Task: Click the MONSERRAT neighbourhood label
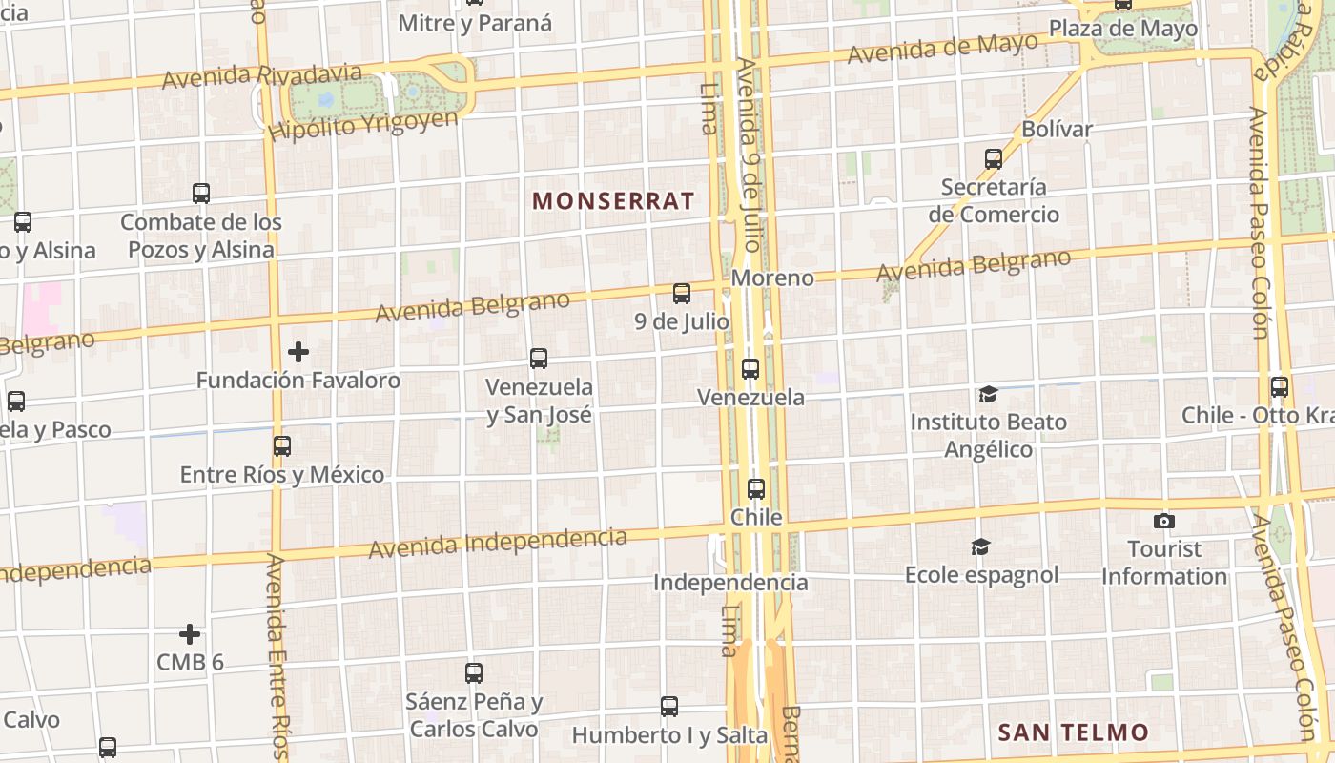coord(613,201)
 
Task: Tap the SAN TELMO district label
coord(1073,732)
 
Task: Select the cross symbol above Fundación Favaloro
coord(298,352)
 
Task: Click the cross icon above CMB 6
coord(190,633)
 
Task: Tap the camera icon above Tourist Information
coord(1163,521)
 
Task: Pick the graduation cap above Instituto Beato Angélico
coord(988,394)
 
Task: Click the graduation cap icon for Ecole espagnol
coord(980,546)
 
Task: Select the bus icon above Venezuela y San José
coord(539,359)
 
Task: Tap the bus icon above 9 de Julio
coord(682,294)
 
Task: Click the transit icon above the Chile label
coord(756,489)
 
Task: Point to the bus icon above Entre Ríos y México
coord(281,445)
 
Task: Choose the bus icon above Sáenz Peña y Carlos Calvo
coord(474,672)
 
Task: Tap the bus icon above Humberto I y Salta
coord(669,707)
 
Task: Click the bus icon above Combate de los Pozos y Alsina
coord(201,193)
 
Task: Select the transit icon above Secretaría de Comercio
coord(994,158)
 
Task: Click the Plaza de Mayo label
coord(1123,29)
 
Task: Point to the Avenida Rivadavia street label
coord(262,76)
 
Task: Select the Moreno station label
coord(773,278)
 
